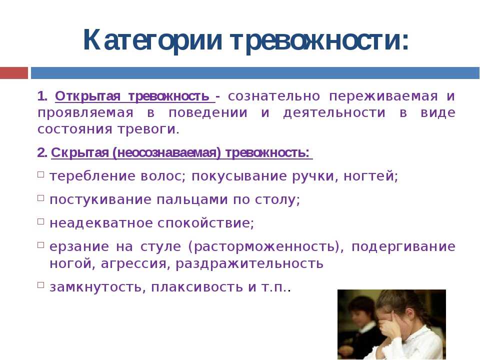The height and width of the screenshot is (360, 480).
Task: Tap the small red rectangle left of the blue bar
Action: click(14, 73)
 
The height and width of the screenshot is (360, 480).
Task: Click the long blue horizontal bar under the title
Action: click(255, 73)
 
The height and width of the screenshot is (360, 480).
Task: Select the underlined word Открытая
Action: click(88, 96)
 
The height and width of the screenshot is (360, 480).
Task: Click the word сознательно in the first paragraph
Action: click(274, 96)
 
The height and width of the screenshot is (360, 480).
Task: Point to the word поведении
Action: click(208, 112)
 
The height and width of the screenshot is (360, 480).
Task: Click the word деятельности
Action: click(334, 112)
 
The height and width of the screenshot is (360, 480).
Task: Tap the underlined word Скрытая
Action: click(80, 152)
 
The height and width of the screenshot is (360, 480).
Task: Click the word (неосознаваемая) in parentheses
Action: click(167, 153)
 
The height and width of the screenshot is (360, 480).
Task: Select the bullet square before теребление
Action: click(40, 174)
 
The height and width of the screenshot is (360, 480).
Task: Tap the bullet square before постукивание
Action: click(40, 198)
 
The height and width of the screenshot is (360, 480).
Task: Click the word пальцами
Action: click(192, 200)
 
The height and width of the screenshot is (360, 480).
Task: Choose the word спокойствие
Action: click(205, 223)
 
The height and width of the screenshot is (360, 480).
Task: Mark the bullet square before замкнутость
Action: click(40, 285)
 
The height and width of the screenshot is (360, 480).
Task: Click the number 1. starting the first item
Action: click(42, 96)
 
